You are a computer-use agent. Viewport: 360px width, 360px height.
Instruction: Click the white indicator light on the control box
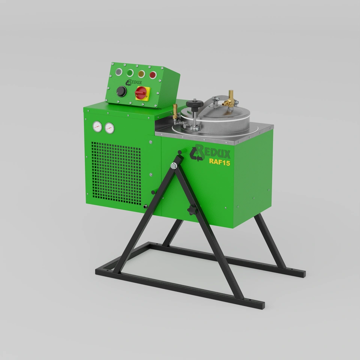[x=118, y=72]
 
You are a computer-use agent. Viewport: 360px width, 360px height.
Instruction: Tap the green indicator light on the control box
[x=130, y=73]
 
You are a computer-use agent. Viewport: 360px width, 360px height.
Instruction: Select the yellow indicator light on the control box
[x=141, y=74]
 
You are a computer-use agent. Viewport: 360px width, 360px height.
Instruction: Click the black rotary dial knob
[x=121, y=91]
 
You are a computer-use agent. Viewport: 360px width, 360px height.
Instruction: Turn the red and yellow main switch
[x=142, y=93]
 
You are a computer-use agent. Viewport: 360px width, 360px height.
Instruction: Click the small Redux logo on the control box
[x=133, y=82]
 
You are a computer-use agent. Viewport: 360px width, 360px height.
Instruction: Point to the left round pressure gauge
[x=97, y=127]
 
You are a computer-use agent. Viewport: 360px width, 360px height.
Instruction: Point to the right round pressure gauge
[x=109, y=128]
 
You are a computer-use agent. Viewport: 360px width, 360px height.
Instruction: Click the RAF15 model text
[x=219, y=162]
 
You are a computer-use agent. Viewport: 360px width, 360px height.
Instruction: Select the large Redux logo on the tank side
[x=210, y=153]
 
